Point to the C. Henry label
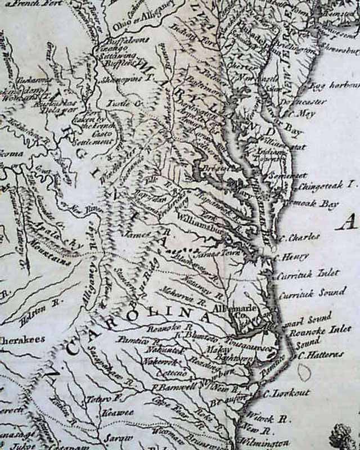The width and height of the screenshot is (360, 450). pos(293,257)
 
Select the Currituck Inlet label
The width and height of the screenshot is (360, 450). pos(308,274)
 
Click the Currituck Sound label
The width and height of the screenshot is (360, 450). pos(312,294)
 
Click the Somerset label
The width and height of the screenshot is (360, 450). pos(290,176)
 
